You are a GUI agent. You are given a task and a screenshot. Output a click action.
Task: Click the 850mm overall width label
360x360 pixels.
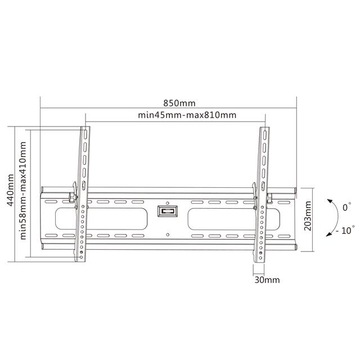click(179, 103)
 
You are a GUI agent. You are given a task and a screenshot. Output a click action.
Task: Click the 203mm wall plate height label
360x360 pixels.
click(307, 218)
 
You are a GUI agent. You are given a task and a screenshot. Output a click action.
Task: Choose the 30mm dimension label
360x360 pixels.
click(267, 280)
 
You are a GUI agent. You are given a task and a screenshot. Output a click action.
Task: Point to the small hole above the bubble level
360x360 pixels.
click(168, 192)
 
